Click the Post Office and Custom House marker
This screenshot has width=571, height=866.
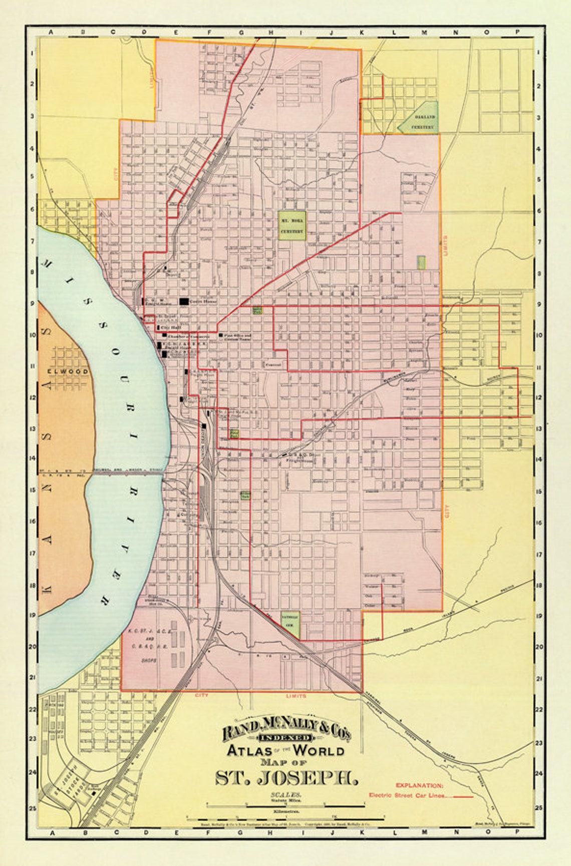pos(220,334)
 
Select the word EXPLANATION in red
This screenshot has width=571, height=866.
pos(419,785)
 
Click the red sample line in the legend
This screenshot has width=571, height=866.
pos(463,795)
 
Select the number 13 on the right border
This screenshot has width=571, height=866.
pos(538,428)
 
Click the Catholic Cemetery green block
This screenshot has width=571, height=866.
pos(290,624)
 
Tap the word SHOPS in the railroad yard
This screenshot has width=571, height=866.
pos(149,661)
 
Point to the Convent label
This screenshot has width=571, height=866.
pos(273,364)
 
